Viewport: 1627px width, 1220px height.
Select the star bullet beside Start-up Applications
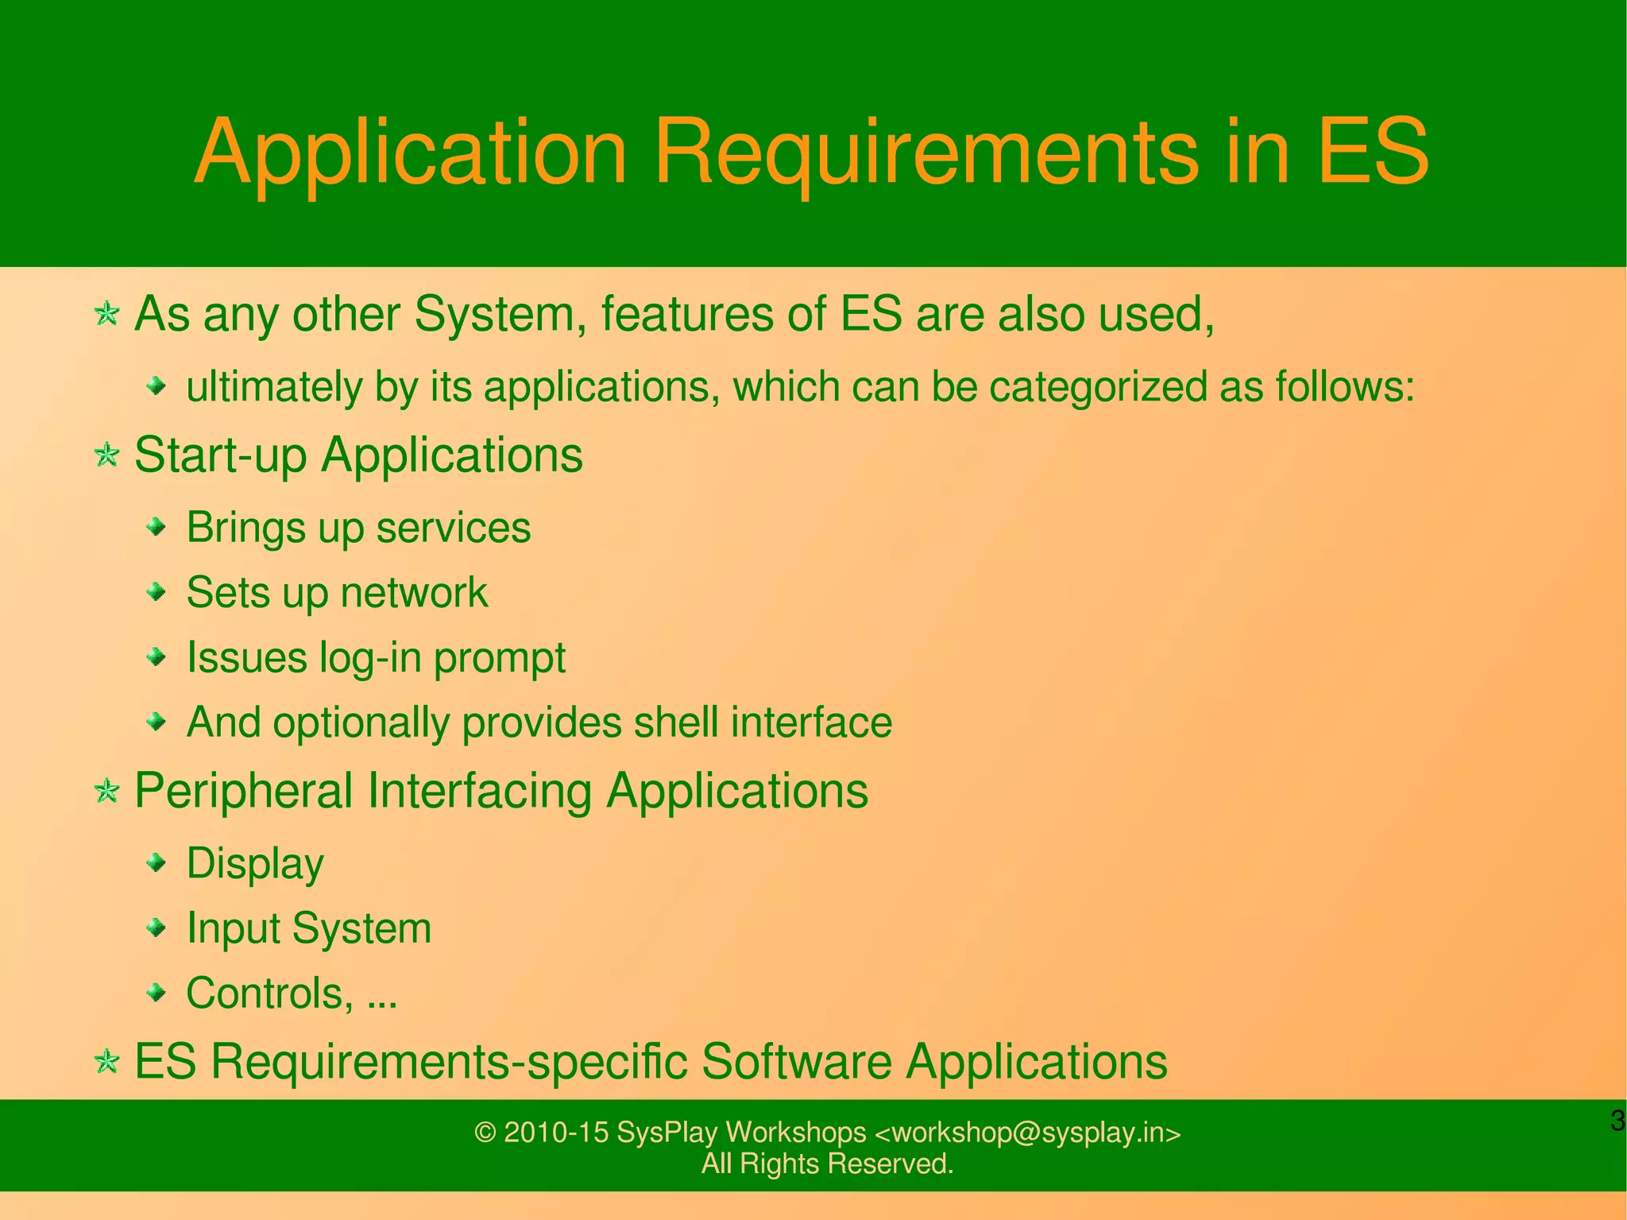coord(106,456)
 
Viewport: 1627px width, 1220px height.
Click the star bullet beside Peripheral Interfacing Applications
coord(106,792)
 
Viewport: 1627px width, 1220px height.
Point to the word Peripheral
coord(243,792)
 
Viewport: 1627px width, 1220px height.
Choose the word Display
coord(255,864)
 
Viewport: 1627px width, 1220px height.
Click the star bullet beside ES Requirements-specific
coord(106,1062)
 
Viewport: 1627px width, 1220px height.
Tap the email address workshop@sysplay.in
coord(1027,1133)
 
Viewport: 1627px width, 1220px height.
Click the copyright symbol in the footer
coord(485,1133)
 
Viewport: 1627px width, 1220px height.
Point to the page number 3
coord(1617,1121)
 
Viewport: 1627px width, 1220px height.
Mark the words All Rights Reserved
coord(827,1164)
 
